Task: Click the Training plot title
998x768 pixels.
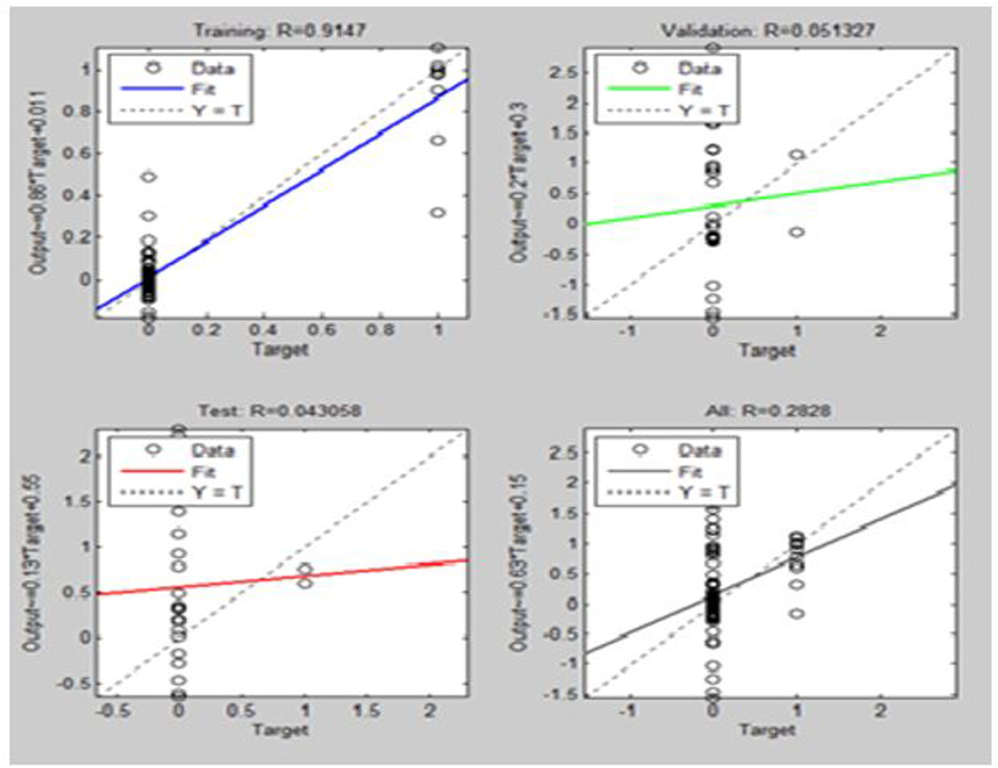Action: (x=279, y=30)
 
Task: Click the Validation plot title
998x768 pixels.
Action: (x=768, y=30)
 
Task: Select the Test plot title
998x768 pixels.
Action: (x=279, y=411)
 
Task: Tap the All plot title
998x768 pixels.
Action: (x=768, y=411)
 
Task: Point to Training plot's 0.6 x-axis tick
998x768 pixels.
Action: (x=322, y=330)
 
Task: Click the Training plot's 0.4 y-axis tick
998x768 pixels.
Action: (x=77, y=195)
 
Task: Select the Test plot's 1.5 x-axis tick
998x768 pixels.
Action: (x=366, y=710)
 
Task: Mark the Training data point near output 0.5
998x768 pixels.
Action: (x=149, y=177)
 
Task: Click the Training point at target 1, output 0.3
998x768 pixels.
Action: (x=437, y=213)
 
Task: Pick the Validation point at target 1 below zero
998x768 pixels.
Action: (x=797, y=232)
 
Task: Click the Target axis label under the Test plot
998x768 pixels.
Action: (x=280, y=730)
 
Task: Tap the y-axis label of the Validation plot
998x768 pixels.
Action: (x=519, y=182)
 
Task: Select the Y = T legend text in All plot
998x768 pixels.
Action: (x=704, y=492)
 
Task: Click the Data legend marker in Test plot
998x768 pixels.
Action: (x=153, y=450)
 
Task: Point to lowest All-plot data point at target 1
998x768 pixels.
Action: (x=797, y=614)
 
